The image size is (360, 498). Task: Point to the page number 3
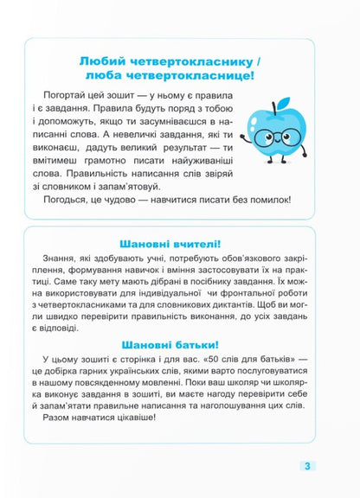(x=307, y=466)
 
